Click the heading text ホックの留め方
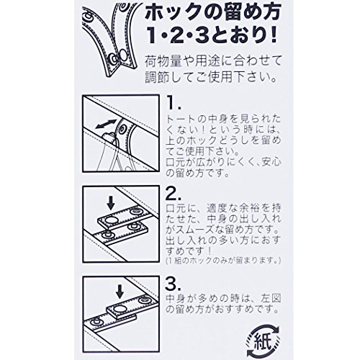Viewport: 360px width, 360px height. click(x=213, y=13)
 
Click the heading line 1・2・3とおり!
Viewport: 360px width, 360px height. click(x=213, y=35)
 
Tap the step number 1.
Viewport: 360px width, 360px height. click(x=174, y=104)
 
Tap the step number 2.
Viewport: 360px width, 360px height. click(x=174, y=194)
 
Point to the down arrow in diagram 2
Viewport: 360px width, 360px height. click(x=111, y=202)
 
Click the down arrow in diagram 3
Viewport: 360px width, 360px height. click(x=120, y=291)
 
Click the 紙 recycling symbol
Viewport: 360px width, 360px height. click(x=263, y=340)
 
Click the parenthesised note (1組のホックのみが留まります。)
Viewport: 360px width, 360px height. click(x=223, y=260)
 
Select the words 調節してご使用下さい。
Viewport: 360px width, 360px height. click(x=210, y=77)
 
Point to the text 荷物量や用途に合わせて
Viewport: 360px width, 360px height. click(x=213, y=61)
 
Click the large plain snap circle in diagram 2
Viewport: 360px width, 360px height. click(x=111, y=220)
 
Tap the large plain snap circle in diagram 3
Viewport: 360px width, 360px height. click(x=120, y=308)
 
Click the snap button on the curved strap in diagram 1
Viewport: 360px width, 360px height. click(x=122, y=130)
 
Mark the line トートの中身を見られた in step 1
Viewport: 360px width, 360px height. click(x=223, y=119)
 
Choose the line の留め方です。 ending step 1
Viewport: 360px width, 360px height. click(x=197, y=173)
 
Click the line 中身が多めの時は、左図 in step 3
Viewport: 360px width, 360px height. click(x=223, y=299)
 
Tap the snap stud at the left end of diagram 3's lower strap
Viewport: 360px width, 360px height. click(x=97, y=321)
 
